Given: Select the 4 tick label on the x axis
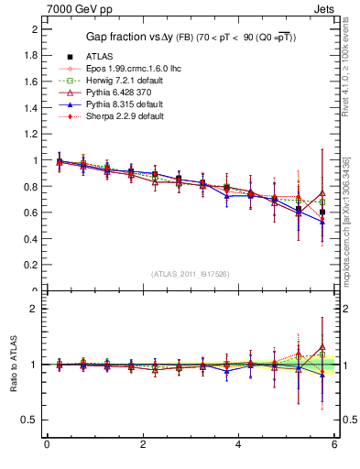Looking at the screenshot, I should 238,444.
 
